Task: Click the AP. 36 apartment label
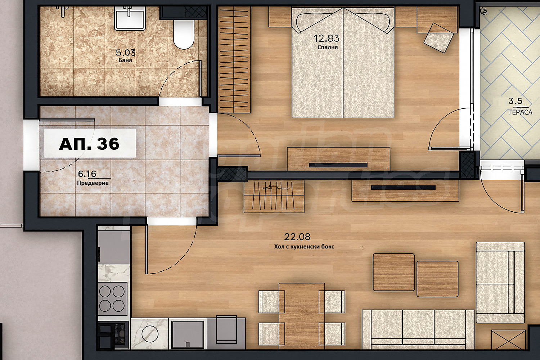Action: pos(89,144)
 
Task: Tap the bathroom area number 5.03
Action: pos(125,52)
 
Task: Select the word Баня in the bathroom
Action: pos(125,60)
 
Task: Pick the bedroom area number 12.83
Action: pos(327,38)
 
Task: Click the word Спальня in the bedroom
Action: pos(327,47)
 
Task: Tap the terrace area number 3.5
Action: pos(516,101)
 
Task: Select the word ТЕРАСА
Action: pos(520,112)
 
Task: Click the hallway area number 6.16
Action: pos(87,174)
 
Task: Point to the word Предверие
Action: pos(93,183)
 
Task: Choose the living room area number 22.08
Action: pos(297,237)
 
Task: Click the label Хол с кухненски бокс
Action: pos(304,247)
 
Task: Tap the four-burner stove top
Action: pos(113,299)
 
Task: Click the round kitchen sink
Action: pos(150,334)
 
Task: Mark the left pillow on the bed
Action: pos(319,22)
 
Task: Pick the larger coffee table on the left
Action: pos(394,272)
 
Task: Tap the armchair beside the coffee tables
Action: pos(500,282)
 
